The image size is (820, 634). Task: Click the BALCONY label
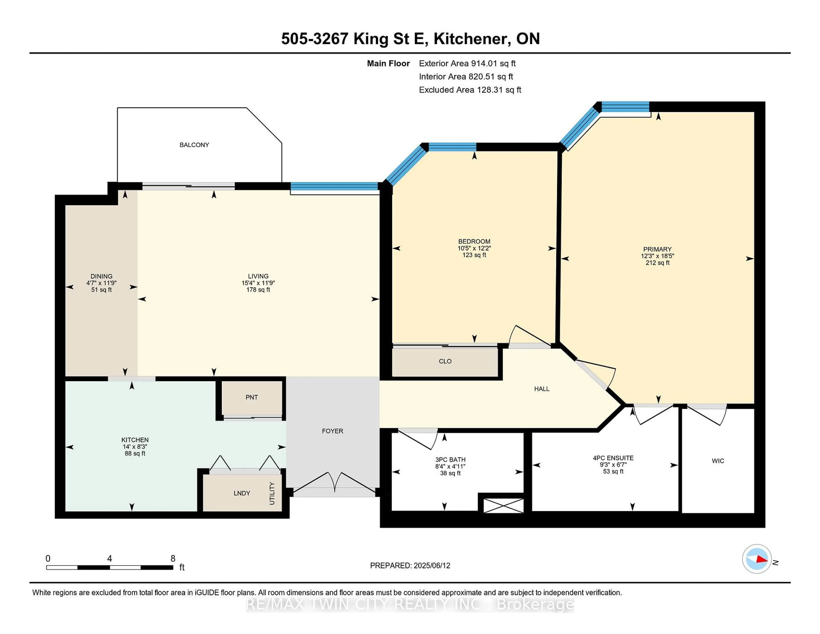coord(194,145)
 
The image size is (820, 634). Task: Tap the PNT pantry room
coord(252,397)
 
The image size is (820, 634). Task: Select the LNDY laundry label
coord(242,493)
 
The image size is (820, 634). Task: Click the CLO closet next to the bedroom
coord(445,361)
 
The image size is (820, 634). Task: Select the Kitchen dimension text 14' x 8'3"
coord(135,447)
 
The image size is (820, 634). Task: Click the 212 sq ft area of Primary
coord(657,263)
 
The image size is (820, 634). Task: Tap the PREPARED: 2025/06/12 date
coord(410,566)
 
